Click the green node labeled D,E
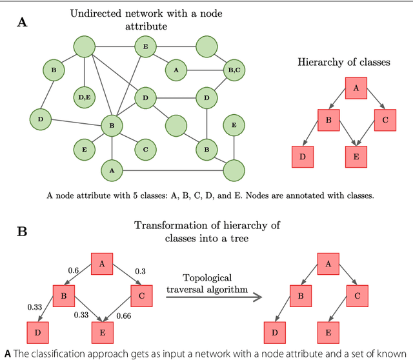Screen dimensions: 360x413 click(85, 97)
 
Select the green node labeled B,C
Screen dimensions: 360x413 click(234, 70)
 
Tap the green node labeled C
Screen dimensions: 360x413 click(146, 149)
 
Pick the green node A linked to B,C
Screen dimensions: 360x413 click(176, 70)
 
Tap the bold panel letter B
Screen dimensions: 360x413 click(21, 231)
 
